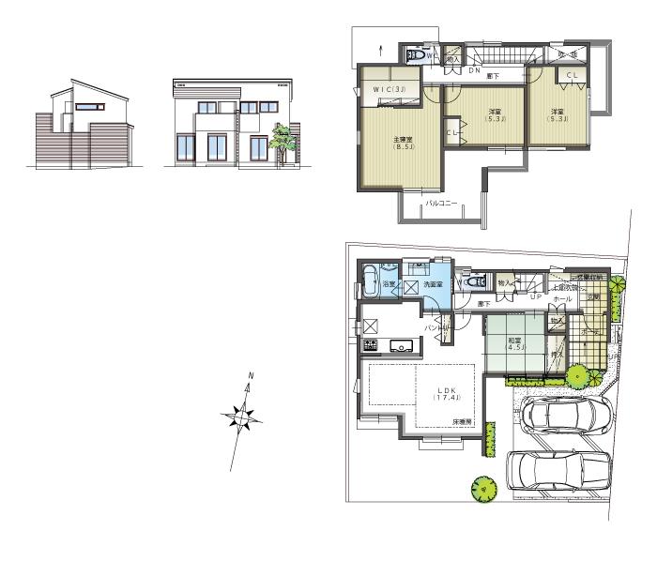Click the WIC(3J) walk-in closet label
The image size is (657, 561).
[387, 90]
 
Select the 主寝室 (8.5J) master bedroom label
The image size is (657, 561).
[404, 144]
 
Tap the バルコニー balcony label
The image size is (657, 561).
[440, 203]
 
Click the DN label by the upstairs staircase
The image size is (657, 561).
[475, 69]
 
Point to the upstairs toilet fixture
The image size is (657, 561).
[414, 55]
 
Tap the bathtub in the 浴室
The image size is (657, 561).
[369, 281]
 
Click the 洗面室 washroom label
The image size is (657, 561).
[432, 284]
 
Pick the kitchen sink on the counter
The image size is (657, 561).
[404, 346]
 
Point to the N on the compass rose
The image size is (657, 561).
[250, 376]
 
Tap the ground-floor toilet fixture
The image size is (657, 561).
[474, 280]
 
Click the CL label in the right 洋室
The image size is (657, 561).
[572, 74]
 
